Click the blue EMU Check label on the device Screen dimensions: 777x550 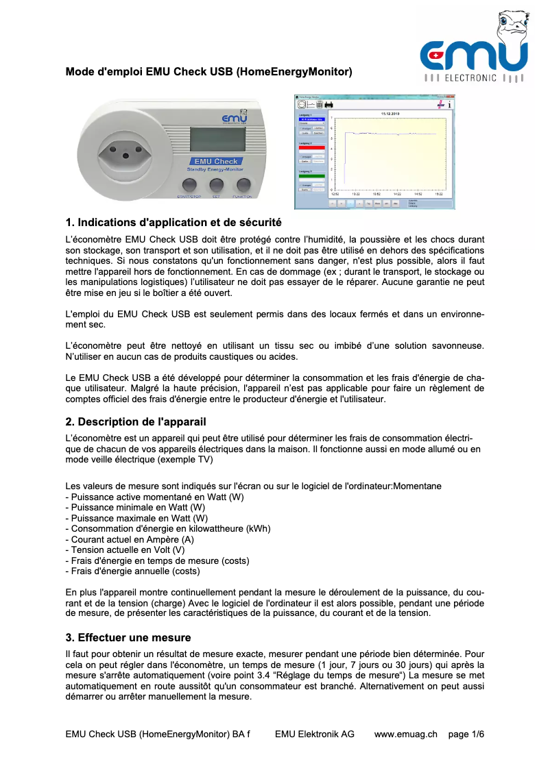(216, 162)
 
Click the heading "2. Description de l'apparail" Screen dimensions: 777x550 (136, 421)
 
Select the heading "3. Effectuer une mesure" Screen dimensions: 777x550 (128, 637)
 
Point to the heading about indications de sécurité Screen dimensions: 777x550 (173, 223)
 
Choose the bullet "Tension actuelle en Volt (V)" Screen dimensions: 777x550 (125, 550)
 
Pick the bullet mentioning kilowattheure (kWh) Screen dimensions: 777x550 (168, 528)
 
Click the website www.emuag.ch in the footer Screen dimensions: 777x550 (405, 734)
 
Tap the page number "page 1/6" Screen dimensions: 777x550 (466, 734)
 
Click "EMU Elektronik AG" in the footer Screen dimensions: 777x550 (315, 734)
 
